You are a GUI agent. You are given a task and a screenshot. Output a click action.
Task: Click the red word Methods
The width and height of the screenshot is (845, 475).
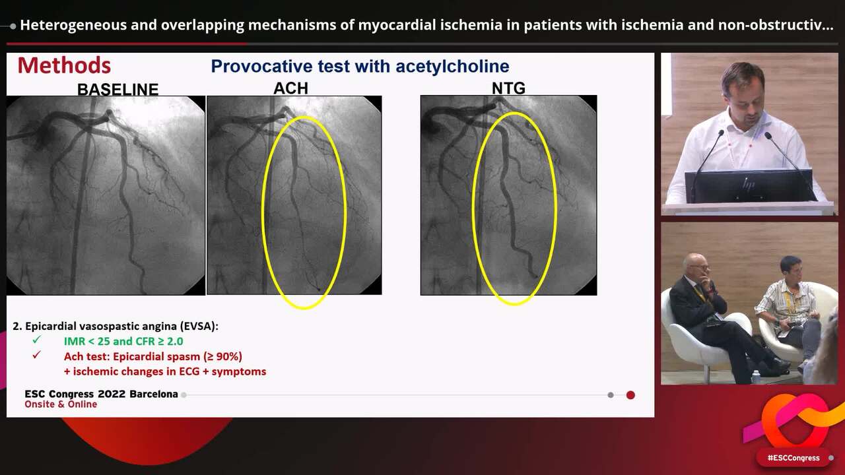coord(64,65)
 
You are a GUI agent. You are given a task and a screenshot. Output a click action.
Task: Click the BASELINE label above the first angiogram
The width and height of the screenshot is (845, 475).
coord(118,89)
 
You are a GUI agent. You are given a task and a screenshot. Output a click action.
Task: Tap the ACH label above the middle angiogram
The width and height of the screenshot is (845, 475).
coord(290,88)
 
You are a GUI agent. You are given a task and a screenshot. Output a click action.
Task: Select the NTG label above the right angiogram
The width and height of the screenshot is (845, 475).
coord(508,88)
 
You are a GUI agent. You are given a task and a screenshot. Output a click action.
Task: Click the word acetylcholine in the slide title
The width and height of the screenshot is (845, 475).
coord(452,66)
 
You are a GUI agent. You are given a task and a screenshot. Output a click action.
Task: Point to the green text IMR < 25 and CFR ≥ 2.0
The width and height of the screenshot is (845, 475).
coord(123,341)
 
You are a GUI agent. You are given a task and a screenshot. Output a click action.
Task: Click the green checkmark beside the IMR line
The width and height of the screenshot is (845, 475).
coord(36,340)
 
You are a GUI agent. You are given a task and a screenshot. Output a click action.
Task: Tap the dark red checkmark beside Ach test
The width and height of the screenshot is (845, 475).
coord(36,355)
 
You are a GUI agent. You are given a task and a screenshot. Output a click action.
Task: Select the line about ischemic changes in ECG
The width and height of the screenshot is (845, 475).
coord(165,371)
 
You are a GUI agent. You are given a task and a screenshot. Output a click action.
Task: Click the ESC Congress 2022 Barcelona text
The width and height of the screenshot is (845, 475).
coord(101,394)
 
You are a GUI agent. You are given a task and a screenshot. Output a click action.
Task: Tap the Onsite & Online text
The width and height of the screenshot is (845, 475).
coord(61,404)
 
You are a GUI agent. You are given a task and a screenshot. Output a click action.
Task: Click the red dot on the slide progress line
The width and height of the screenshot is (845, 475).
coord(630,395)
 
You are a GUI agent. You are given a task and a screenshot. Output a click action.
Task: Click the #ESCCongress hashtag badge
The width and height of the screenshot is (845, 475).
coord(793,457)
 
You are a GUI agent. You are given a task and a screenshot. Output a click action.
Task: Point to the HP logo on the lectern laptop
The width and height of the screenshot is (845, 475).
coord(748,185)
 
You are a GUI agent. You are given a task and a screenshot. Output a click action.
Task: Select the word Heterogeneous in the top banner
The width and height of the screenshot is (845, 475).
coord(71,25)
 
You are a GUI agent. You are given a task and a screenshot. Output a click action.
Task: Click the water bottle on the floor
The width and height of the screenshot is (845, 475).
coord(755,377)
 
